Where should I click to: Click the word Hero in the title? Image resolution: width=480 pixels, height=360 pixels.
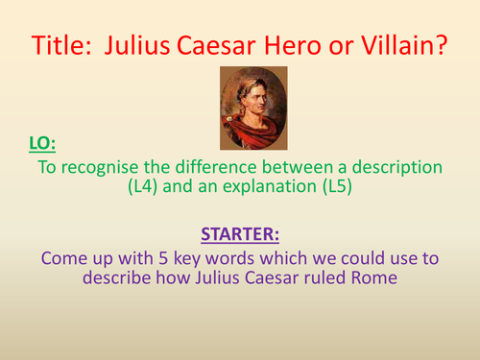point(292,44)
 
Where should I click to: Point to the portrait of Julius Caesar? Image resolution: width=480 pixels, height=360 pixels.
point(252,108)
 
